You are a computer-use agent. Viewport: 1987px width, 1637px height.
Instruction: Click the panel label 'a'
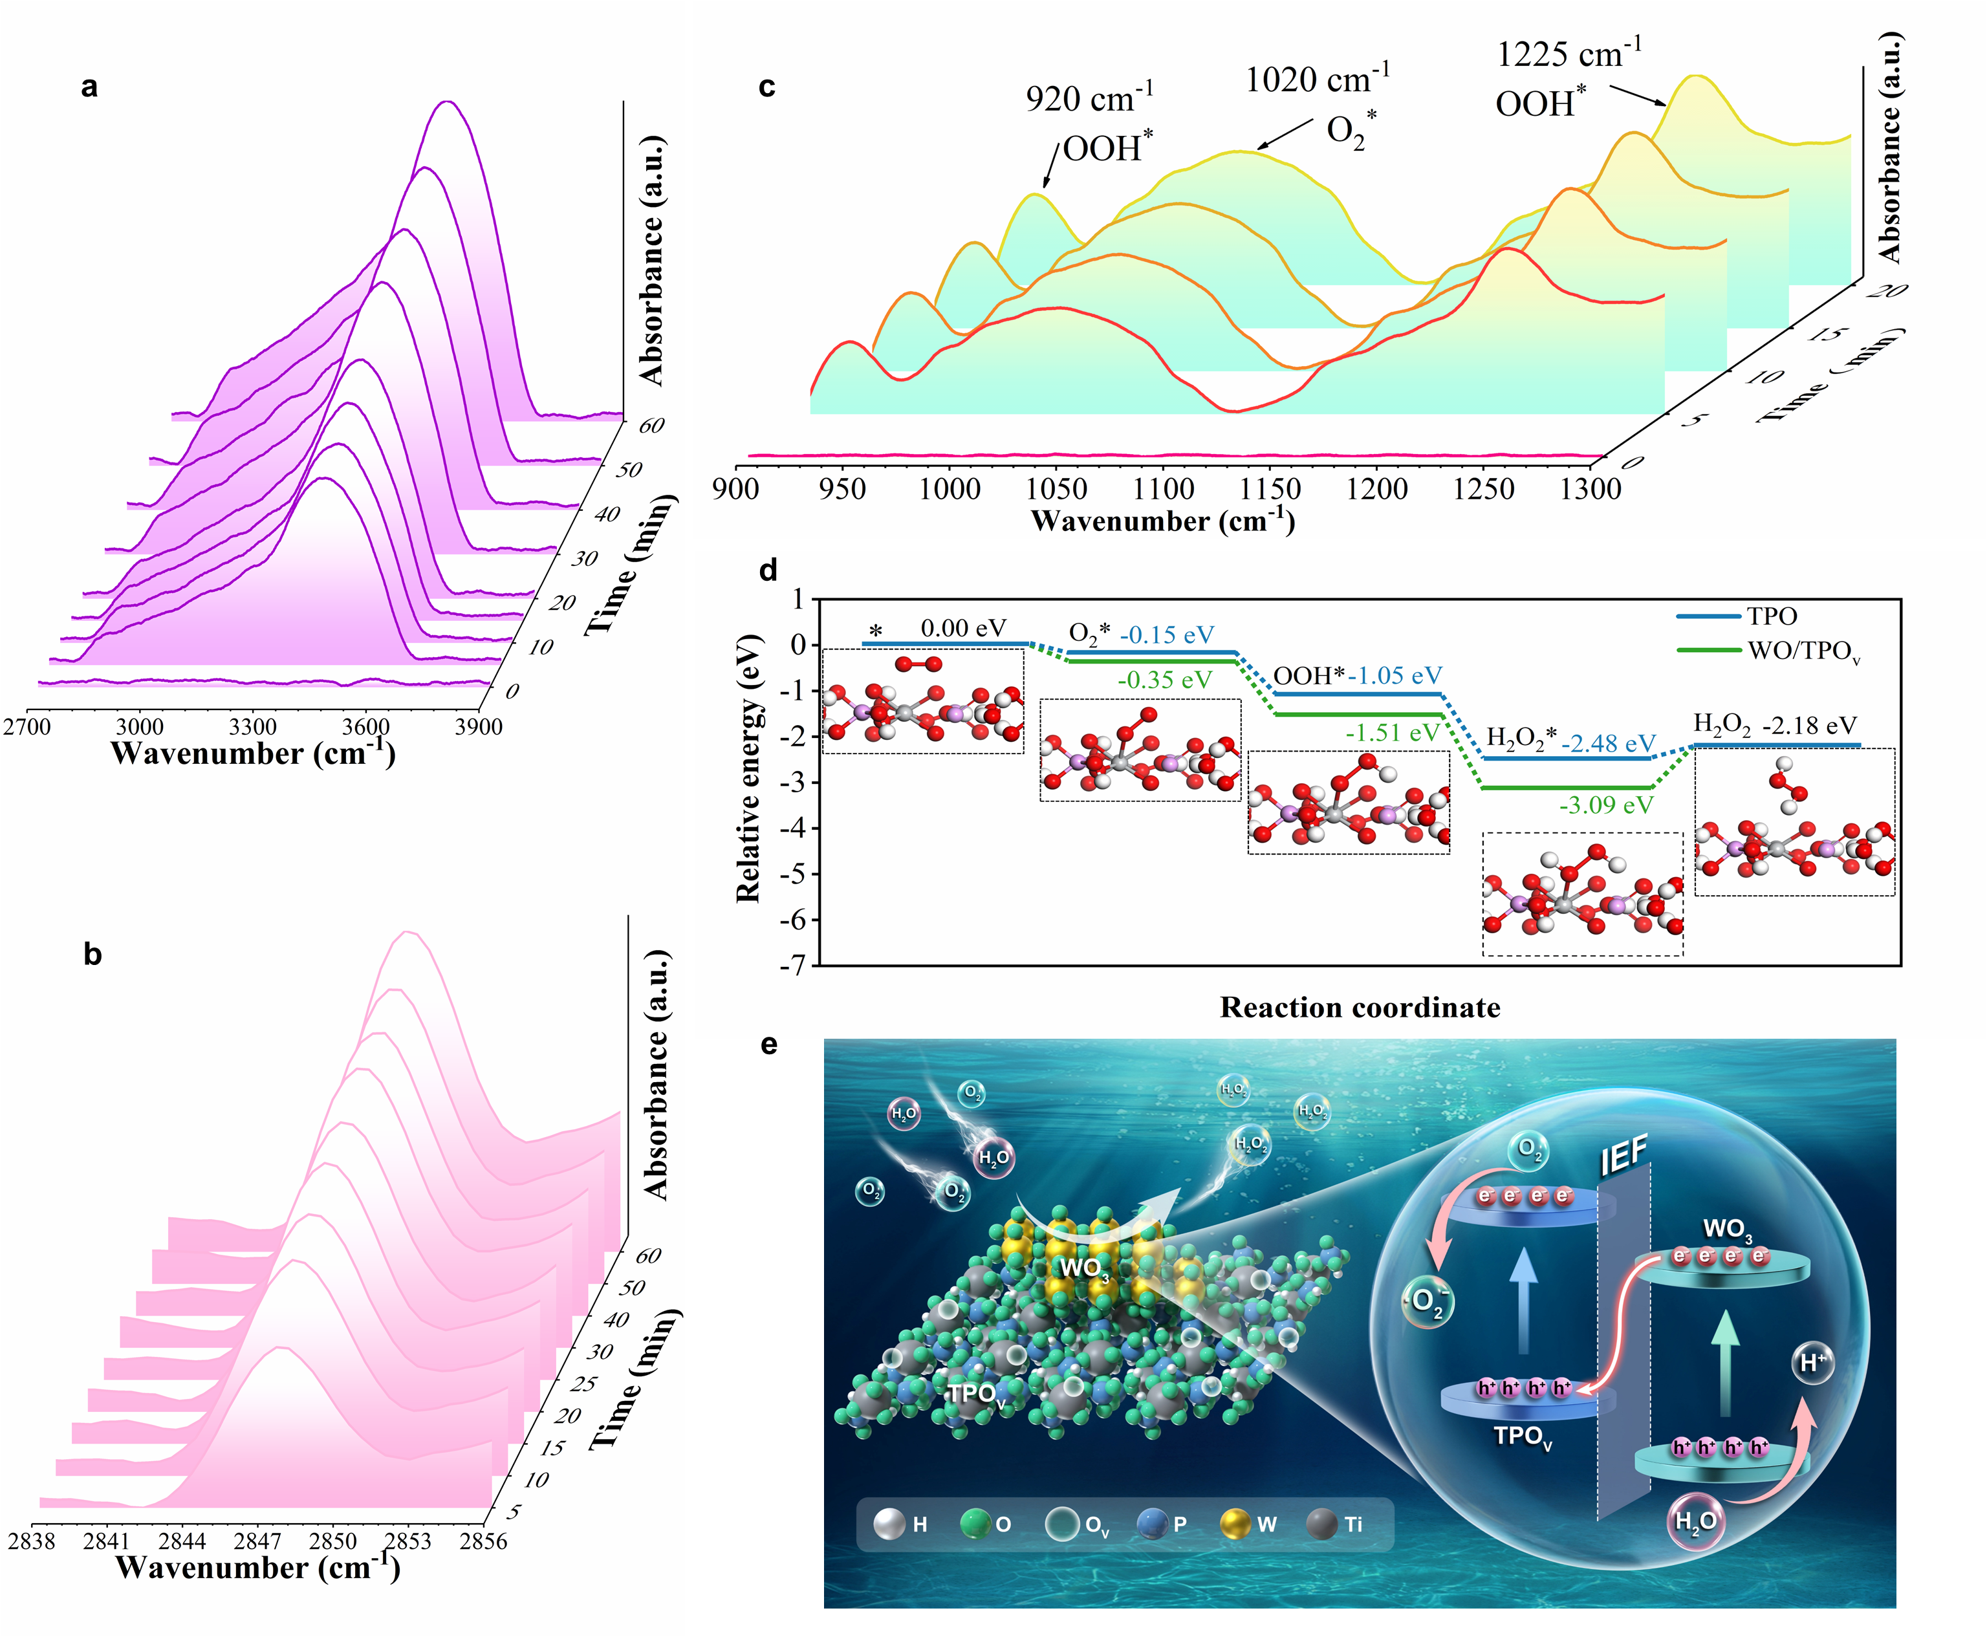pyautogui.click(x=90, y=87)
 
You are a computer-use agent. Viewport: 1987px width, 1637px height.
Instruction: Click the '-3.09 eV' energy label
pyautogui.click(x=1606, y=805)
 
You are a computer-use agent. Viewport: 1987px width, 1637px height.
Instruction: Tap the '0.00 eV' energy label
pyautogui.click(x=963, y=627)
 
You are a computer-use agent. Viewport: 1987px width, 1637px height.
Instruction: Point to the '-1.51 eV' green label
pyautogui.click(x=1392, y=733)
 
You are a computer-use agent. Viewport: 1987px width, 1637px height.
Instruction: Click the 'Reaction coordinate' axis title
pyautogui.click(x=1359, y=1007)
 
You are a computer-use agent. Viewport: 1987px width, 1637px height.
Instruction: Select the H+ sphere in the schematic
pyautogui.click(x=1812, y=1363)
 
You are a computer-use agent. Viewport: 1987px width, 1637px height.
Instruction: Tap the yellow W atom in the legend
pyautogui.click(x=1235, y=1525)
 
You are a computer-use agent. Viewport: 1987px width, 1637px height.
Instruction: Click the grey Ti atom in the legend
pyautogui.click(x=1322, y=1525)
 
